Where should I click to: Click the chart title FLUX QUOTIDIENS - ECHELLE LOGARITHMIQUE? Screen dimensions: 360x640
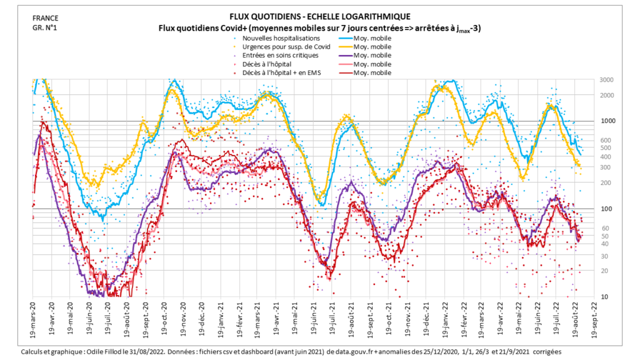(320, 17)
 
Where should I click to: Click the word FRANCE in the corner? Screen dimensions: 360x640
(45, 18)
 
